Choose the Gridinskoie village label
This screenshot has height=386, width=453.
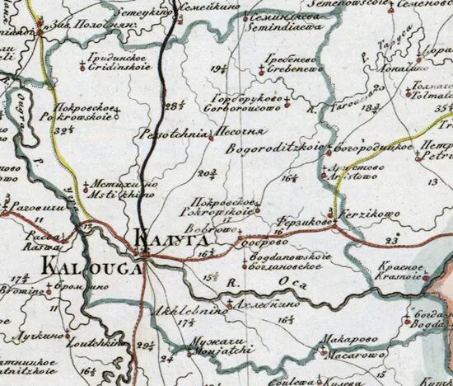[120, 73]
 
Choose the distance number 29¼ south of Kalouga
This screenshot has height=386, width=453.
[149, 346]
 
